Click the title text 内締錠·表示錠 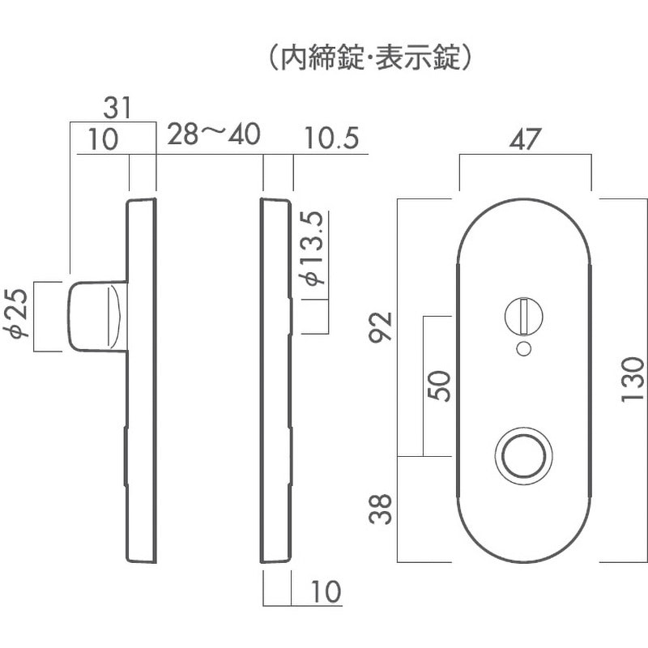point(370,58)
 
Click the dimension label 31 point(117,109)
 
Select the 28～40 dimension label point(214,134)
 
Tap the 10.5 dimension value point(331,138)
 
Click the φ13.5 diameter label point(313,249)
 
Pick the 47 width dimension point(525,139)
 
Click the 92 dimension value point(380,327)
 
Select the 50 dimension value point(438,386)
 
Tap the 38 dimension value point(380,509)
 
